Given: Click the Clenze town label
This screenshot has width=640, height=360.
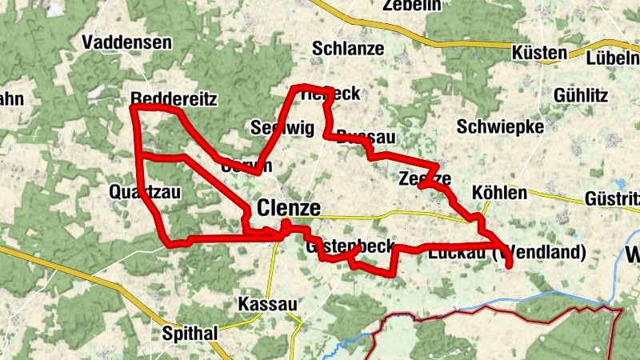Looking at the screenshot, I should click(289, 209).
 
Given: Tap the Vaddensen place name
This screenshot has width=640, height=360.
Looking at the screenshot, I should click(126, 42).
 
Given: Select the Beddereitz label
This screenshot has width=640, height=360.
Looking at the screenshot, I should click(174, 98).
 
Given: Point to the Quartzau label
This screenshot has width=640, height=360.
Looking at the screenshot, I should click(141, 191).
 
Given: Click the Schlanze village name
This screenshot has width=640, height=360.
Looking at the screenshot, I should click(348, 48).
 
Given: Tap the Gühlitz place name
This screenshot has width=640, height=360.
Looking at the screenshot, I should click(580, 94).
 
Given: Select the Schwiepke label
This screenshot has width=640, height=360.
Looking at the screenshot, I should click(500, 126).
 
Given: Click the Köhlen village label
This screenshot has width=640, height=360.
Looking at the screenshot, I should click(500, 193).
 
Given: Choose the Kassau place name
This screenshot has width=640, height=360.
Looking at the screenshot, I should click(267, 305).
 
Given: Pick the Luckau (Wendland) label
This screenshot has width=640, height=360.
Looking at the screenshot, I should click(507, 254).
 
